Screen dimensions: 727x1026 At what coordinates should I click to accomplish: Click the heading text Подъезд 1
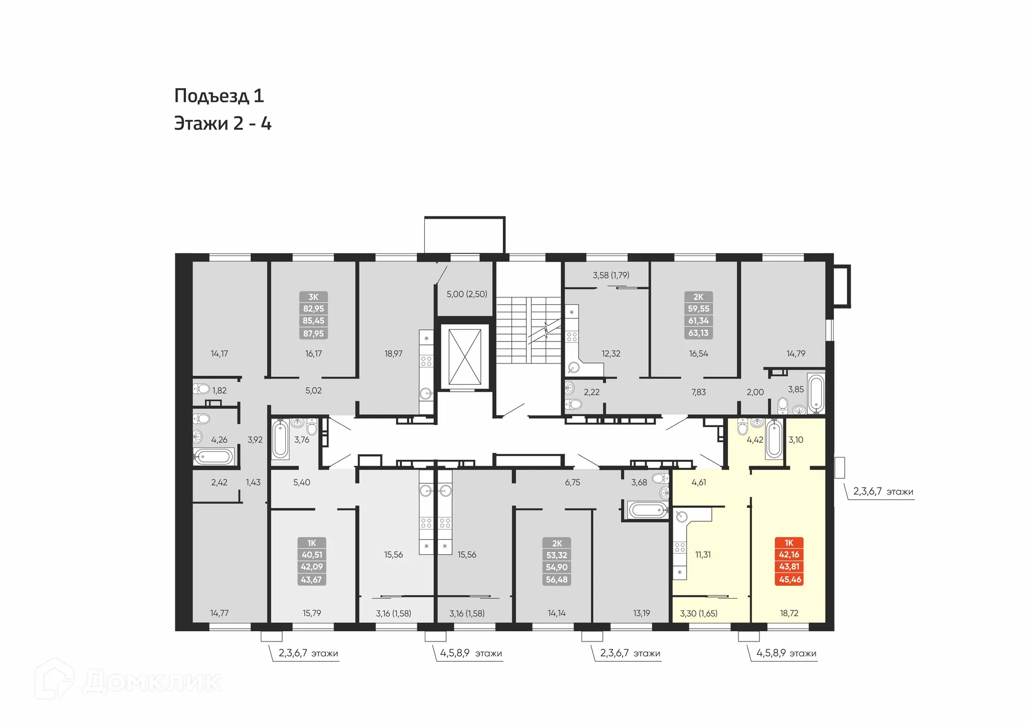tap(219, 96)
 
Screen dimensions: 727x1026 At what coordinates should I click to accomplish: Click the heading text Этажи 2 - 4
tap(223, 123)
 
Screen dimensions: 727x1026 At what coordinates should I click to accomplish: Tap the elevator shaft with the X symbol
tap(464, 357)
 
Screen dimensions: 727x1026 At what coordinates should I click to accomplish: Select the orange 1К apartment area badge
tap(789, 561)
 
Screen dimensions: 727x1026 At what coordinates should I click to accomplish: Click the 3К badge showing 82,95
tap(313, 315)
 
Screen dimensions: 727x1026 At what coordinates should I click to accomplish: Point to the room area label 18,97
tap(393, 353)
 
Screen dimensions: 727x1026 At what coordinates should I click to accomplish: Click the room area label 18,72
tap(789, 613)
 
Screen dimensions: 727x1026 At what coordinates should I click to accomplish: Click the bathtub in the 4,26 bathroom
tap(214, 457)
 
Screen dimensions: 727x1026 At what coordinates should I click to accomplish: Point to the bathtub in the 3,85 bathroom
tap(815, 395)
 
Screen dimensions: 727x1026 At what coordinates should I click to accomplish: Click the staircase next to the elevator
tap(528, 330)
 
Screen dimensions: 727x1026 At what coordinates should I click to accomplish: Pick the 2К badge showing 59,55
tap(698, 315)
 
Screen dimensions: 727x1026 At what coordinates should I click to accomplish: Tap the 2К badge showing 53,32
tap(556, 561)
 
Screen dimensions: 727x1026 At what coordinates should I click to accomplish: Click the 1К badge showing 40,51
tap(312, 561)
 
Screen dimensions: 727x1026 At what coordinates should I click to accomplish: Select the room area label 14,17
tap(219, 353)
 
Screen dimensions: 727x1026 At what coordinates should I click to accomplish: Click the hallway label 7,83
tap(698, 392)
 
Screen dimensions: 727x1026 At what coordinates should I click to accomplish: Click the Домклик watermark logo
tap(128, 681)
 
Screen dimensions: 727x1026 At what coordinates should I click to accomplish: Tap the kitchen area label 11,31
tap(703, 554)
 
